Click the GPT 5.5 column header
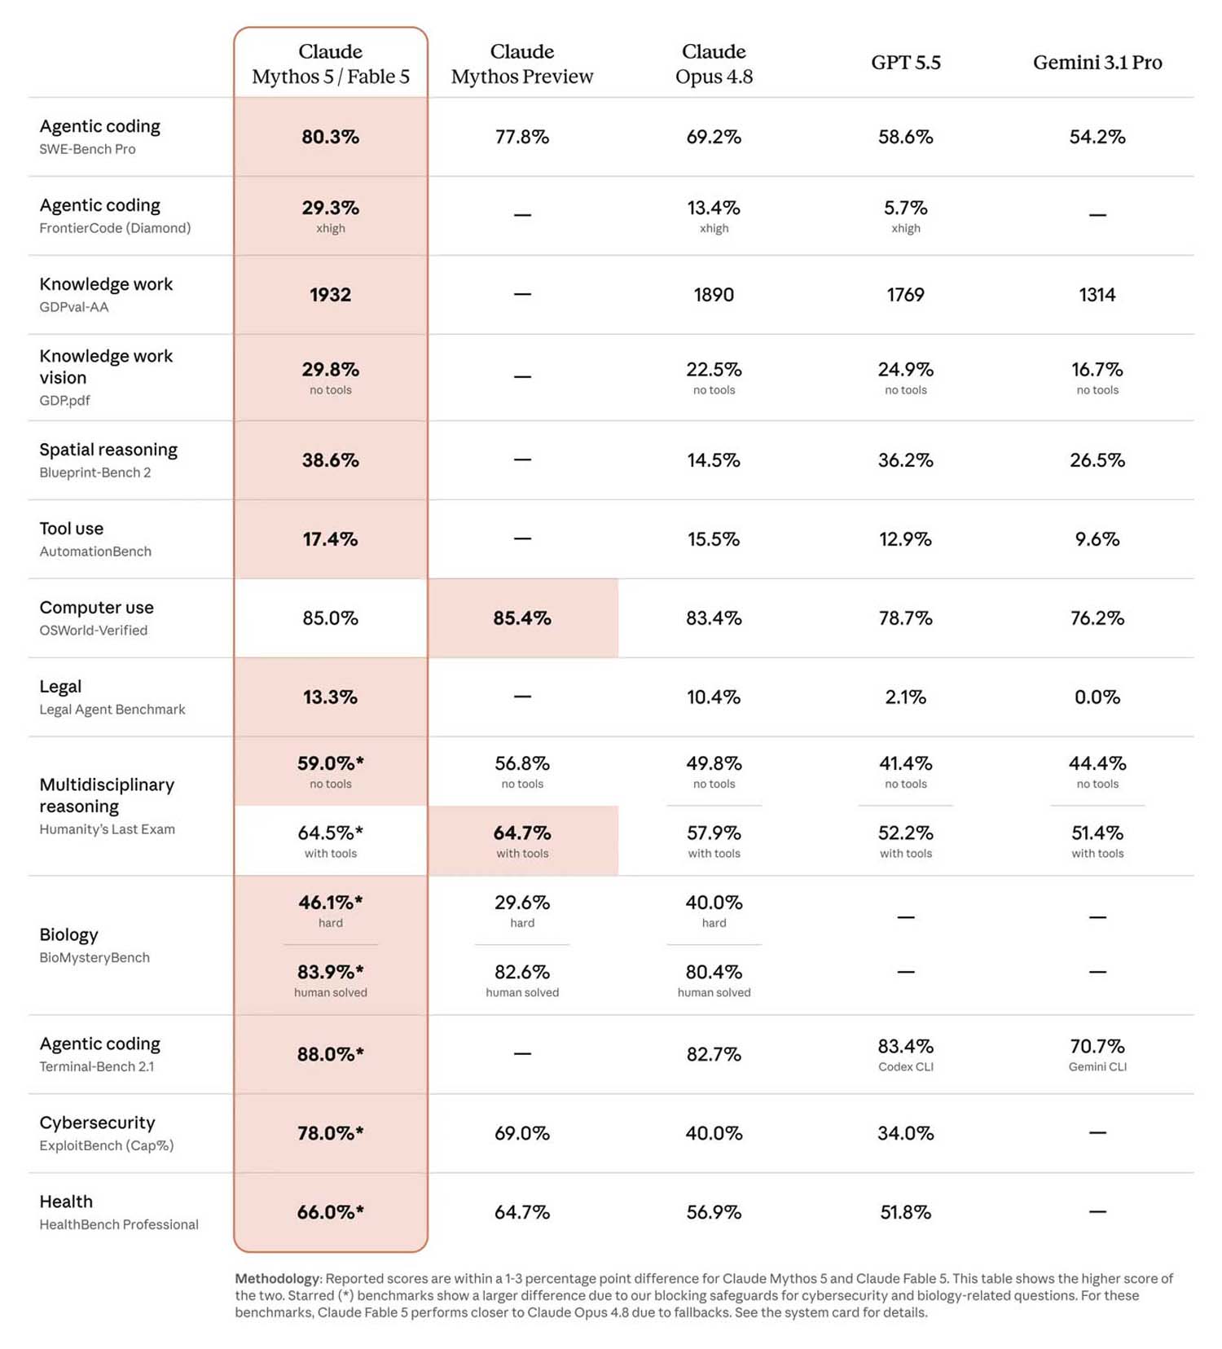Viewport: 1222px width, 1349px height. click(905, 63)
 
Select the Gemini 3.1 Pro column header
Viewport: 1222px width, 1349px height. click(1097, 63)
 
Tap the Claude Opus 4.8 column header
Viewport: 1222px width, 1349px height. click(714, 64)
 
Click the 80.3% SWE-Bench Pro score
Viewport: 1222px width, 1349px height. click(330, 137)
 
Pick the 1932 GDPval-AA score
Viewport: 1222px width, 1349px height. click(330, 295)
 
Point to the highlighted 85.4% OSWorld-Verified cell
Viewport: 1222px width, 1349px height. click(522, 618)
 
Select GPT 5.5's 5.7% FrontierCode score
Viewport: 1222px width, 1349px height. click(905, 208)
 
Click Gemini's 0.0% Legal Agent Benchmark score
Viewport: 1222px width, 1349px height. click(1097, 697)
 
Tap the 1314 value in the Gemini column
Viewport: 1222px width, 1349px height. click(1097, 295)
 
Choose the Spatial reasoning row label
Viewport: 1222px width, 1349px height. click(108, 450)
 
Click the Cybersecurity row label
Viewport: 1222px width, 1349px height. click(97, 1123)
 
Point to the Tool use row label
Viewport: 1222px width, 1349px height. click(72, 529)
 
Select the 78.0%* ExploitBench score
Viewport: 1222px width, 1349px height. click(330, 1133)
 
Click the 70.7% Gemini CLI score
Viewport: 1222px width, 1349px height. click(1097, 1046)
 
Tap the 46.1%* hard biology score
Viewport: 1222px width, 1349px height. click(330, 903)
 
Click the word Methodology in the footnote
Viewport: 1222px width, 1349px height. click(277, 1279)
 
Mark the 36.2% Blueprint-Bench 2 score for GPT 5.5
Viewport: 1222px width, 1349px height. click(905, 460)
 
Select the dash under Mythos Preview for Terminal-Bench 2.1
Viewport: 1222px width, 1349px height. click(522, 1054)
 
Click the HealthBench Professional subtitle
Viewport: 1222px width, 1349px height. click(119, 1224)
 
